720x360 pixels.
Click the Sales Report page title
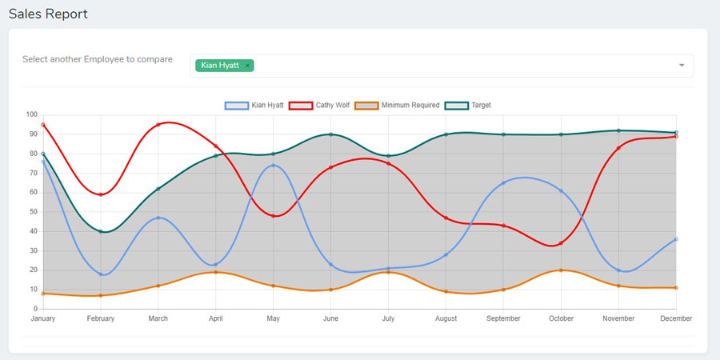pos(48,14)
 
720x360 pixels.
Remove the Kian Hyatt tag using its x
pos(248,66)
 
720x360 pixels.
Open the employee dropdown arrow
pos(682,66)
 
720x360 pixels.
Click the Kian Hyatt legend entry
pos(254,106)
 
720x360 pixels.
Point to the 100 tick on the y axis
pos(32,114)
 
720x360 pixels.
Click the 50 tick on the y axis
pos(34,212)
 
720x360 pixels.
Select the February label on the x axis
pos(101,318)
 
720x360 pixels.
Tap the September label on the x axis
pos(503,318)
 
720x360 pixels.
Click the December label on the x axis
pos(676,318)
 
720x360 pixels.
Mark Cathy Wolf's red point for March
pos(158,125)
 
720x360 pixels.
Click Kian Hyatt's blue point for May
pos(274,166)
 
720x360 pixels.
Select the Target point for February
pos(101,231)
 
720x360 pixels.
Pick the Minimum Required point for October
pos(561,270)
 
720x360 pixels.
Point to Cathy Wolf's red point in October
pos(561,243)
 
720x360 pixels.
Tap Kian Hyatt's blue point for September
pos(503,183)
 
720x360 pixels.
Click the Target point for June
pos(331,134)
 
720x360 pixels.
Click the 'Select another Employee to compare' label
pos(98,59)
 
